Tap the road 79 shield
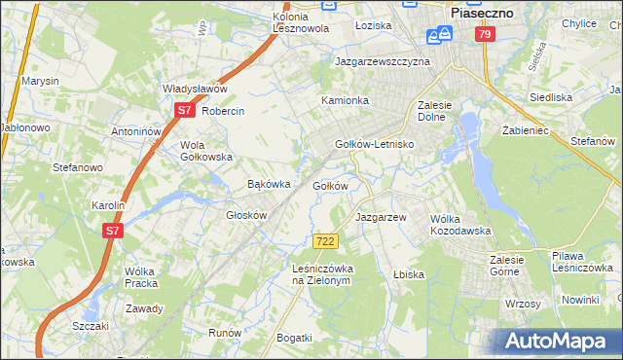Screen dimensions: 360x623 pos(485,34)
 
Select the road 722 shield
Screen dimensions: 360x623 pos(325,240)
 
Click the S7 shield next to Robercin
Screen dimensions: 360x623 pos(184,111)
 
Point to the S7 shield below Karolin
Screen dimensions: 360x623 pos(113,231)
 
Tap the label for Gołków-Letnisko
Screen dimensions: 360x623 pos(375,144)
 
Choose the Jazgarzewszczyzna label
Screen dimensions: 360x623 pos(382,60)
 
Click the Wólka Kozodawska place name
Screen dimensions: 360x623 pos(460,225)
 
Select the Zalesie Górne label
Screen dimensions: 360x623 pos(506,266)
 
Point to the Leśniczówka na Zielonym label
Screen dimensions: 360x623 pos(321,273)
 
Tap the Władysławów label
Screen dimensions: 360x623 pos(195,89)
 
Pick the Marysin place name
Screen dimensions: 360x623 pos(40,81)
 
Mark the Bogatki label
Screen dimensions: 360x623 pos(294,338)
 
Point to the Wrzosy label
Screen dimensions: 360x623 pos(523,304)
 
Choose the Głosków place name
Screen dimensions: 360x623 pos(246,215)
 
